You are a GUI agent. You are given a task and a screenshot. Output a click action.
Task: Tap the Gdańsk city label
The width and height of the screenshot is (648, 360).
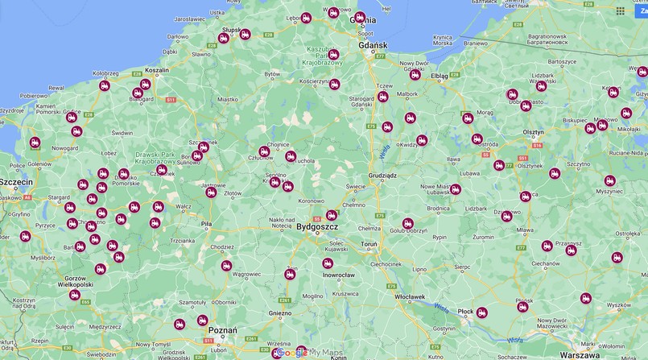pos(374,45)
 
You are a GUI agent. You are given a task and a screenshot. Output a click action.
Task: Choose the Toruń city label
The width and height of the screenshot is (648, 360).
pos(369,243)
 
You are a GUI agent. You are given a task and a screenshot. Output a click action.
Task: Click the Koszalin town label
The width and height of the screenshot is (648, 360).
pos(157,70)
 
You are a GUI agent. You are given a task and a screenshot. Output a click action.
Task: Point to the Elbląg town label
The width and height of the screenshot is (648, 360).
pos(440,76)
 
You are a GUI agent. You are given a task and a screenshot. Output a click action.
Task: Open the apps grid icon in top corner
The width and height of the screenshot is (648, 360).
pos(620,11)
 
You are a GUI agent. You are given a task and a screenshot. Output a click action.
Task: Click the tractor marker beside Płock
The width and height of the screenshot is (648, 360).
pos(481,312)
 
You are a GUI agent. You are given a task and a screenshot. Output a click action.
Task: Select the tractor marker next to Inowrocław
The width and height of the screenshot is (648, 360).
pos(328,263)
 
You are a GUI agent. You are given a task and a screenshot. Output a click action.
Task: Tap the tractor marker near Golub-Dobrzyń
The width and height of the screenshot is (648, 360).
pos(408,223)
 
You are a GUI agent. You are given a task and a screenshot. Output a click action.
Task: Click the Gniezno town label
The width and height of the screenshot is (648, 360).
pos(279,313)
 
